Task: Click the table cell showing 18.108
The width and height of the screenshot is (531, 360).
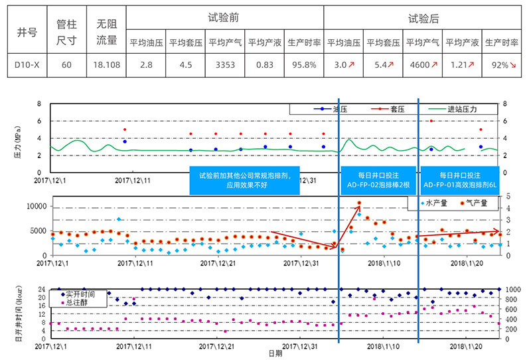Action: coord(106,65)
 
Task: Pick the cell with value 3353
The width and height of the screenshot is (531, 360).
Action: coord(224,65)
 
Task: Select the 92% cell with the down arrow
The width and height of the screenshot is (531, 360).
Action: coord(501,65)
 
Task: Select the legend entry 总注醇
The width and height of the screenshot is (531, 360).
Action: coord(74,303)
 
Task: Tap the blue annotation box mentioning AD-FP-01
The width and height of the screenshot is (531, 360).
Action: coord(461,179)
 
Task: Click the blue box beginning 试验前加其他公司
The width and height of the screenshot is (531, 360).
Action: coord(245,179)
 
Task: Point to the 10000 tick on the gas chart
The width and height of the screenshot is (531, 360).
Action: coord(36,206)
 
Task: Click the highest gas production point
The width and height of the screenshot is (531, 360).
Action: coord(359,203)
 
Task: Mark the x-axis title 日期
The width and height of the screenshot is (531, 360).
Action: coord(274,354)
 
